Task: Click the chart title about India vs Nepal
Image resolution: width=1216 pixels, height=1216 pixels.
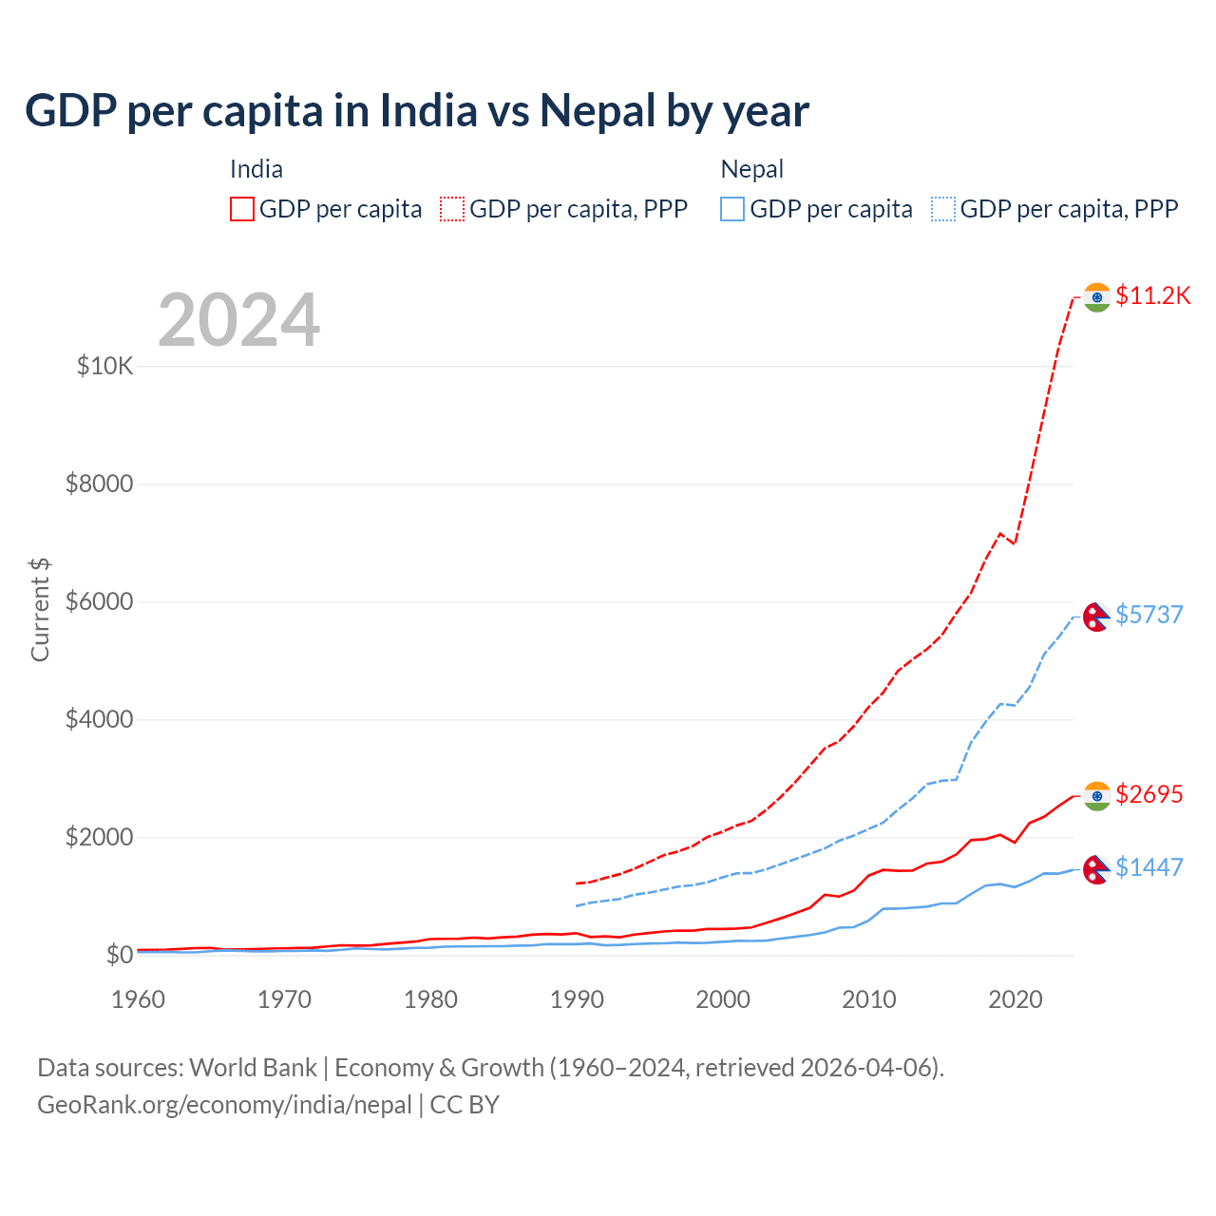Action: point(417,111)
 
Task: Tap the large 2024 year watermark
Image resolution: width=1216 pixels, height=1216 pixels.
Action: point(238,320)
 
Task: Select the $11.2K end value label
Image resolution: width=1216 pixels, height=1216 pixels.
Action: point(1152,295)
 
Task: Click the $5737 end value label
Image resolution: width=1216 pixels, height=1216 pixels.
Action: point(1149,615)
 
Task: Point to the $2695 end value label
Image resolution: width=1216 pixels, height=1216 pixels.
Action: point(1149,794)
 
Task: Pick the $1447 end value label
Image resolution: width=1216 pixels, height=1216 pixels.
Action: point(1149,867)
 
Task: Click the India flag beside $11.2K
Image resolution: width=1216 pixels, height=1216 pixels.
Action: point(1097,297)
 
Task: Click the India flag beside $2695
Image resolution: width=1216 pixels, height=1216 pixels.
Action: point(1097,796)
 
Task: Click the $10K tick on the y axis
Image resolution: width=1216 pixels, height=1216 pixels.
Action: point(104,366)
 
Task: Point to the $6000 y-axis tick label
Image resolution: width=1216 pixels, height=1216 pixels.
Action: point(99,601)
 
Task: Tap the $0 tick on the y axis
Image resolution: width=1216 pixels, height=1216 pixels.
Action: point(119,955)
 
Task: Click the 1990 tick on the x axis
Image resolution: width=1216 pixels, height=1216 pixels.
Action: point(578,999)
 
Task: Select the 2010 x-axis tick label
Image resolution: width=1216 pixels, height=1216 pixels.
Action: point(869,999)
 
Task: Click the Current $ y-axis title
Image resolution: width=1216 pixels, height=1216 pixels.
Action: point(40,610)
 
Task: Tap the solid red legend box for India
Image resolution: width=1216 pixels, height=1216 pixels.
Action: point(242,209)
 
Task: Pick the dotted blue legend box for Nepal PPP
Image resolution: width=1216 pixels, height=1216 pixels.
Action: point(943,209)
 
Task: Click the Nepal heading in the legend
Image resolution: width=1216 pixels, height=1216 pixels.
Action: point(751,169)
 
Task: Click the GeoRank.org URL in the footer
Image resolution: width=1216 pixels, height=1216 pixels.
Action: point(224,1105)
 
